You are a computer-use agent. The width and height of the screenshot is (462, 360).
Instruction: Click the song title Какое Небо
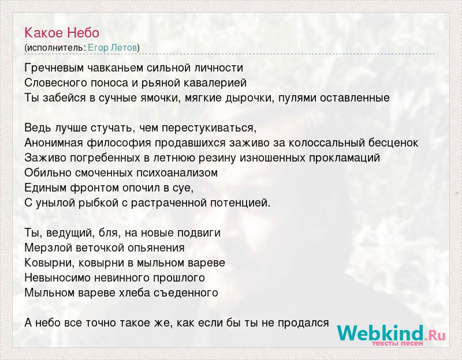click(62, 33)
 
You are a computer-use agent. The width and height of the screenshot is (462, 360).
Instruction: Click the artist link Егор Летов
click(112, 48)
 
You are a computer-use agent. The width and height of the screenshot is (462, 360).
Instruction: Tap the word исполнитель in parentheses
click(56, 48)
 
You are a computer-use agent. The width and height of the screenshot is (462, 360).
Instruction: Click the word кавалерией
click(215, 83)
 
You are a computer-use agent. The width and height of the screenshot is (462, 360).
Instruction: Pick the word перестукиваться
click(209, 128)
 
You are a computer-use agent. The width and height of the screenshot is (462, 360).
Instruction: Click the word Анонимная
click(54, 142)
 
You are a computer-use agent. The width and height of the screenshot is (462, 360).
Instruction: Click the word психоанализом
click(177, 172)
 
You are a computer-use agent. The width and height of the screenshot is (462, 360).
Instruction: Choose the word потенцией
click(240, 203)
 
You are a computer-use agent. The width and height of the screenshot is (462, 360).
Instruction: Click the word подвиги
click(199, 233)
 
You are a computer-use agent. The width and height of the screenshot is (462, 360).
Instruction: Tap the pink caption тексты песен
click(397, 343)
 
